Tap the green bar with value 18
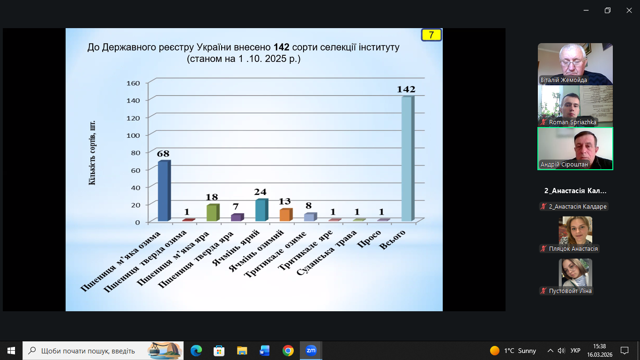tap(212, 213)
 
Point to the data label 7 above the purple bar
tap(236, 206)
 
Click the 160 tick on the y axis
tap(134, 83)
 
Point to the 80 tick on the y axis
tap(135, 153)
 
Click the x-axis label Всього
tap(393, 240)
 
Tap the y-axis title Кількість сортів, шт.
tap(92, 153)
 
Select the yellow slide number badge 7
tap(431, 35)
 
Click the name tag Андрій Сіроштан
tap(564, 165)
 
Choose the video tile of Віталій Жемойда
tap(575, 64)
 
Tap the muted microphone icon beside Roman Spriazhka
tap(544, 122)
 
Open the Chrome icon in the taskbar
tap(288, 351)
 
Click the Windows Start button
tap(11, 351)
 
